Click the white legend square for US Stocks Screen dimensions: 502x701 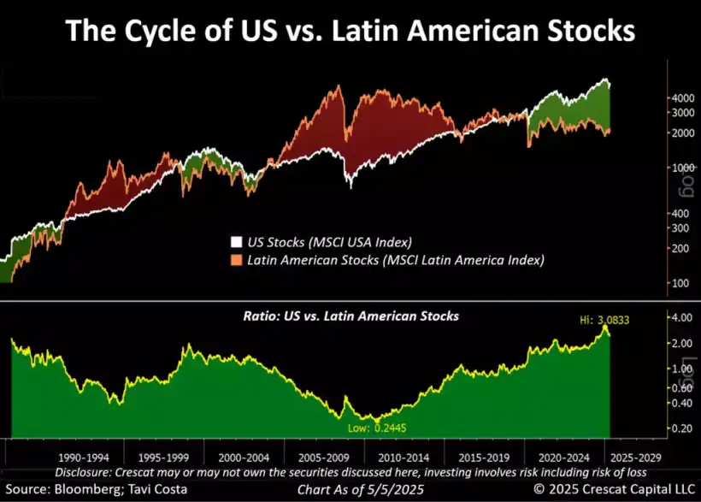237,242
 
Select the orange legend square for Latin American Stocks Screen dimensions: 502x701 237,259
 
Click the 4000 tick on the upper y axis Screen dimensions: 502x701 681,99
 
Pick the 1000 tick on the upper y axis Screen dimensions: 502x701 681,168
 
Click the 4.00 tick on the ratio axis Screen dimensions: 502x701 681,318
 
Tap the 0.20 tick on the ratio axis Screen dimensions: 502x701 681,427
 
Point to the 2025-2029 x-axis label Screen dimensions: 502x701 635,458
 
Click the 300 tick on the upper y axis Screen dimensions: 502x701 681,227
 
